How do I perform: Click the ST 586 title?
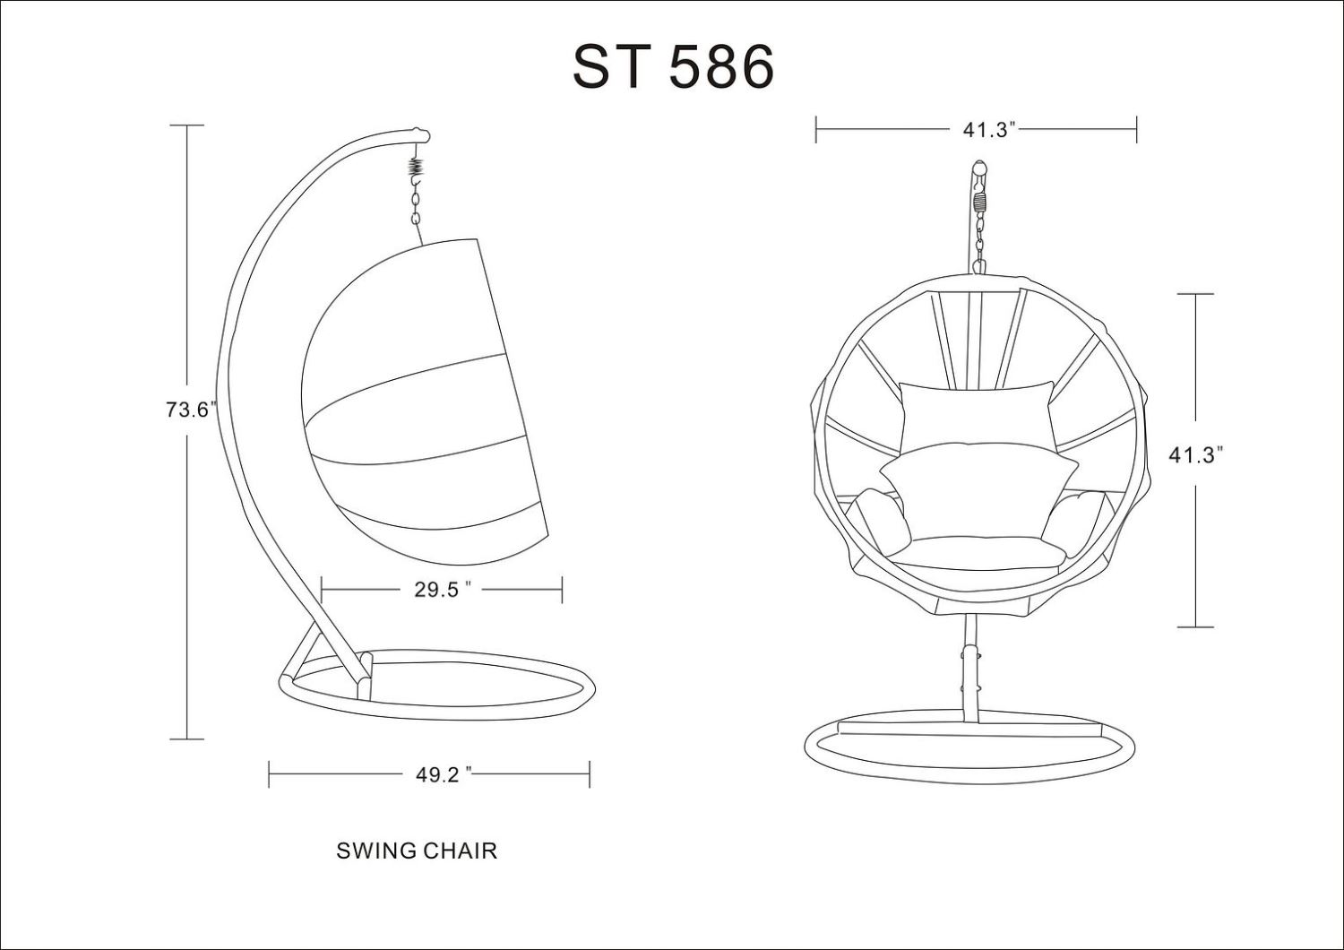[673, 66]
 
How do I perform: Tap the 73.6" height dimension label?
[190, 410]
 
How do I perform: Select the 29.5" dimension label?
[441, 590]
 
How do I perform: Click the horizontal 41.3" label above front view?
[989, 130]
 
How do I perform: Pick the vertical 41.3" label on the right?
[1195, 455]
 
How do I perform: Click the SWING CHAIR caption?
[417, 851]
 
